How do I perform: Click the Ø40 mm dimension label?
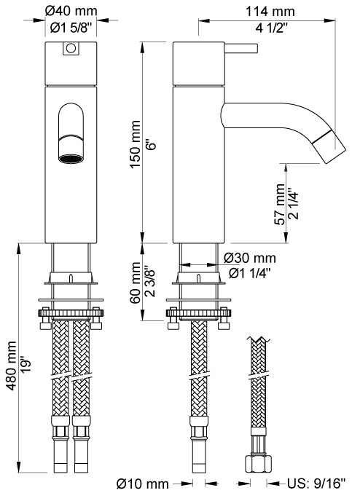(71, 12)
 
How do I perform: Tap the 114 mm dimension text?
(270, 12)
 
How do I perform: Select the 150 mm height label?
(136, 144)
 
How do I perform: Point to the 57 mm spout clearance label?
(279, 204)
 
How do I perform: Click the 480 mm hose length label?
(12, 366)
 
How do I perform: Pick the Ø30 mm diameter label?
(249, 259)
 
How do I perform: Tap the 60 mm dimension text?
(135, 283)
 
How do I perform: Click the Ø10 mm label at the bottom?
(143, 484)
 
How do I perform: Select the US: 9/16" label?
(316, 484)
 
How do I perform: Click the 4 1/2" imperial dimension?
(272, 28)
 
